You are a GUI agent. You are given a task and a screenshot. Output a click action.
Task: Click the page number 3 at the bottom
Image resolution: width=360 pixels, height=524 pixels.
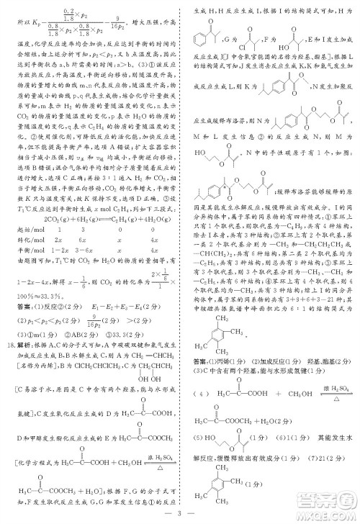pos(181,515)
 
